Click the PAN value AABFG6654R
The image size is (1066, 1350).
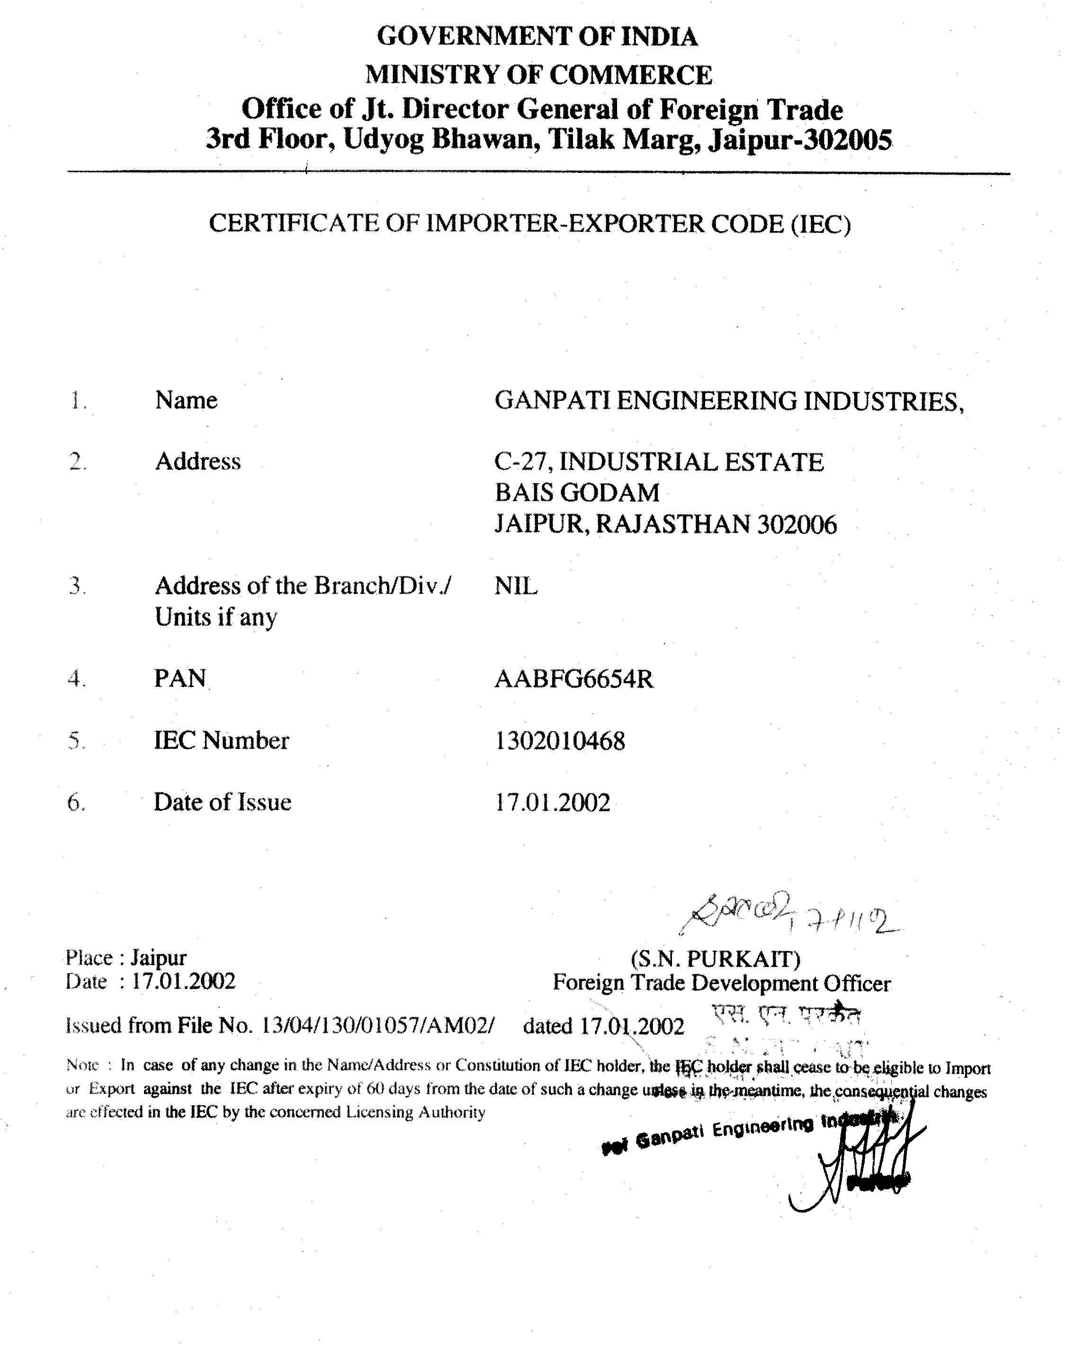(573, 679)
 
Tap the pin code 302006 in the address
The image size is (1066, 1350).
(797, 524)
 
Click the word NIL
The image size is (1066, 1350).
(516, 586)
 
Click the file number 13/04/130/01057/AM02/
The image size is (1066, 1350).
(379, 1026)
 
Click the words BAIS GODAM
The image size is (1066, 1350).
(577, 493)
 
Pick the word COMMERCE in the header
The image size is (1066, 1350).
(630, 75)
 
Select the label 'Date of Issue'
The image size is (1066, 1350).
(223, 802)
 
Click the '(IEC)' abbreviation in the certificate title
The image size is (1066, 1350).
(821, 224)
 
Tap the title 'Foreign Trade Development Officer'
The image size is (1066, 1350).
(722, 984)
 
